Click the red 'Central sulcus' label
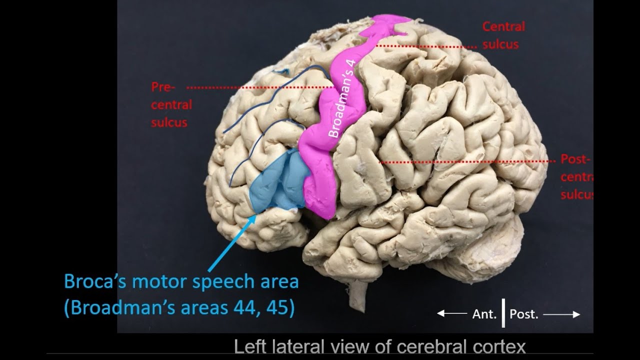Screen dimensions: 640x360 503,35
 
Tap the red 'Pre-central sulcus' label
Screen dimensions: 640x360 171,105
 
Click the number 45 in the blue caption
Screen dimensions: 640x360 279,308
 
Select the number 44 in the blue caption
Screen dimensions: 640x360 245,308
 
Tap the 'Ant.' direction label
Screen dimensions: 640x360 484,314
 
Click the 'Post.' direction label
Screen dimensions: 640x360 524,314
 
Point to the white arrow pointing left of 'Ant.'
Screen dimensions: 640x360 451,314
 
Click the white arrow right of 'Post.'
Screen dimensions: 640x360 561,314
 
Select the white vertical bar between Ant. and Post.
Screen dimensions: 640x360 503,313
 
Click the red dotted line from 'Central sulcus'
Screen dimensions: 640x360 425,46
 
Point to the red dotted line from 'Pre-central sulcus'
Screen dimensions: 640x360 260,87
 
